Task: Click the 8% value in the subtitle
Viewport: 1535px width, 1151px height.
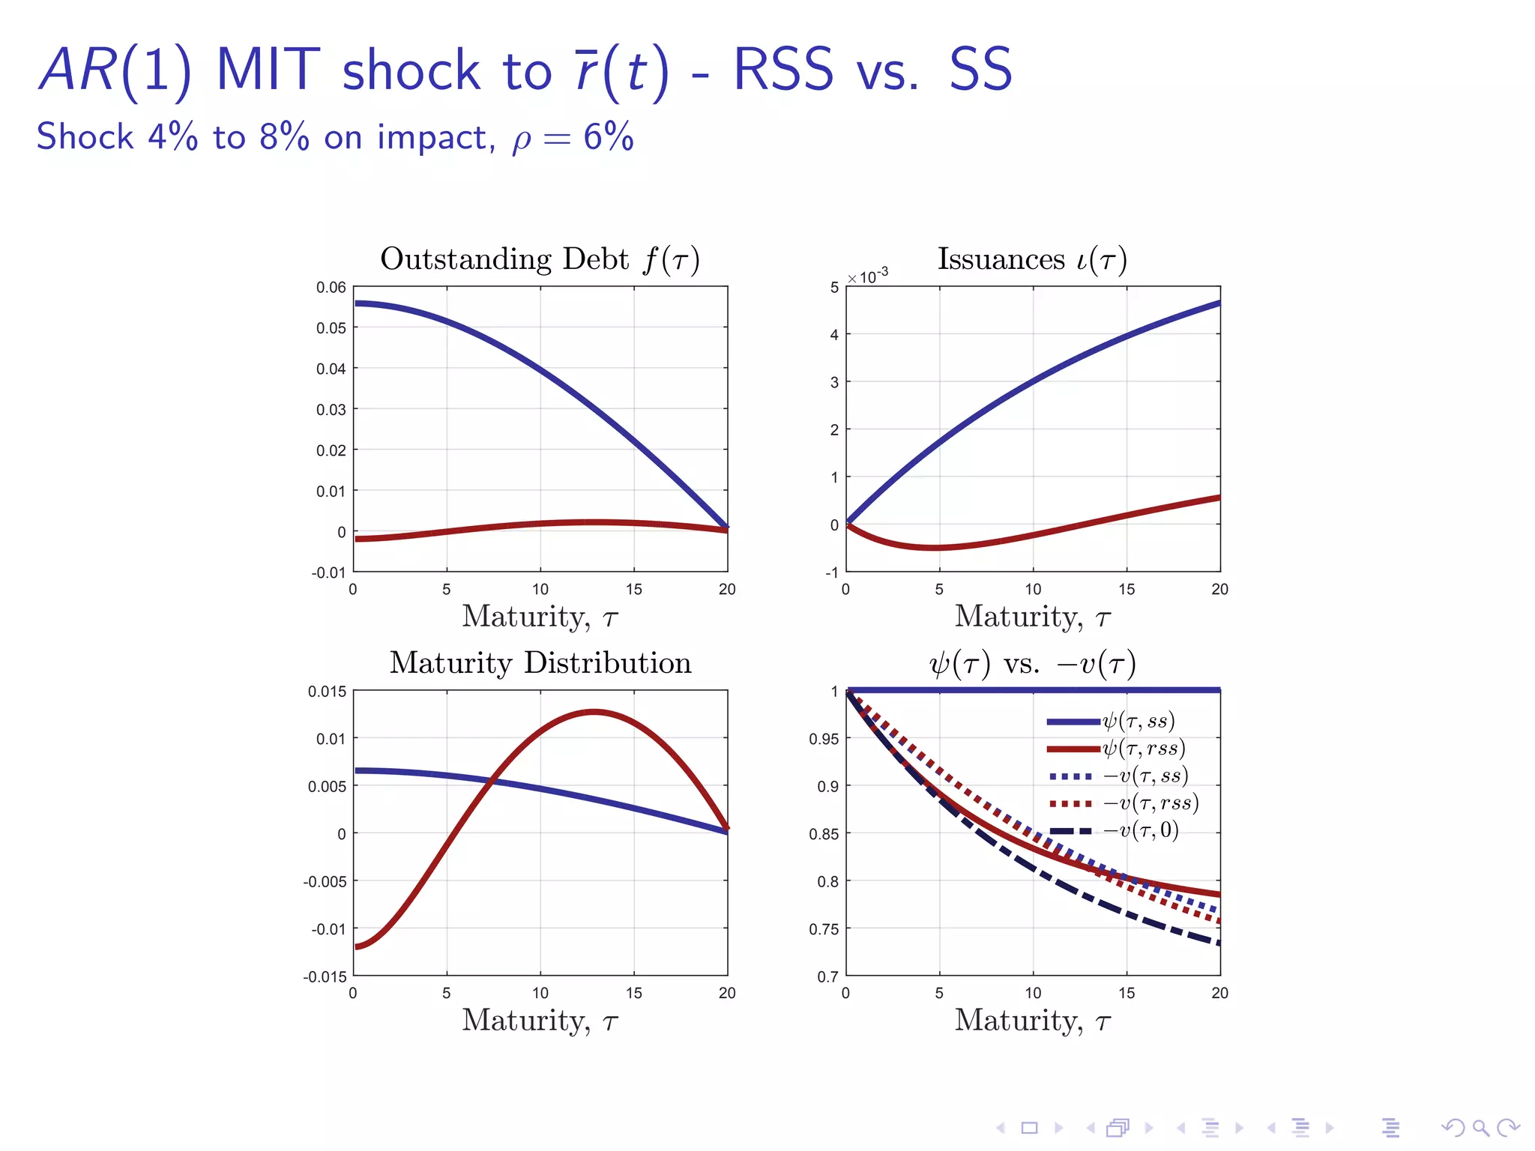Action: [x=284, y=138]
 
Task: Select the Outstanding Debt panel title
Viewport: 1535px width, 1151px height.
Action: [x=540, y=259]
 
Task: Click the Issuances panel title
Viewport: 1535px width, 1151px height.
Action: [x=1032, y=259]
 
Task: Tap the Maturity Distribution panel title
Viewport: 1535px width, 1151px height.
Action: [x=540, y=663]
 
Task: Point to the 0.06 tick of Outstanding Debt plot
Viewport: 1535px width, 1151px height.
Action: [x=331, y=288]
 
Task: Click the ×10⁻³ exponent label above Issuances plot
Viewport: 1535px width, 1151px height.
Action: [x=868, y=277]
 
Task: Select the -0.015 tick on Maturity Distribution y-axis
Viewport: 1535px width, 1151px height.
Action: [x=325, y=977]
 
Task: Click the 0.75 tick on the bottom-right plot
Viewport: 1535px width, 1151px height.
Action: [x=824, y=930]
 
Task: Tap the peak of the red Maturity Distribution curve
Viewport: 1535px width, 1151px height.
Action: [x=594, y=711]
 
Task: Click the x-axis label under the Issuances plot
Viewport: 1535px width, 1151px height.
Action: [x=1032, y=617]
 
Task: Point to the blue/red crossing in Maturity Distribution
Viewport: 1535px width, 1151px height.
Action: [x=492, y=781]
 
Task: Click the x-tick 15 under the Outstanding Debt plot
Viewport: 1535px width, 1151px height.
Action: [x=634, y=590]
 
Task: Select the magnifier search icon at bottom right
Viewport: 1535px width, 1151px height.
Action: [x=1480, y=1128]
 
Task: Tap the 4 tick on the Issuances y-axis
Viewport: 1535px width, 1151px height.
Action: [x=834, y=335]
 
